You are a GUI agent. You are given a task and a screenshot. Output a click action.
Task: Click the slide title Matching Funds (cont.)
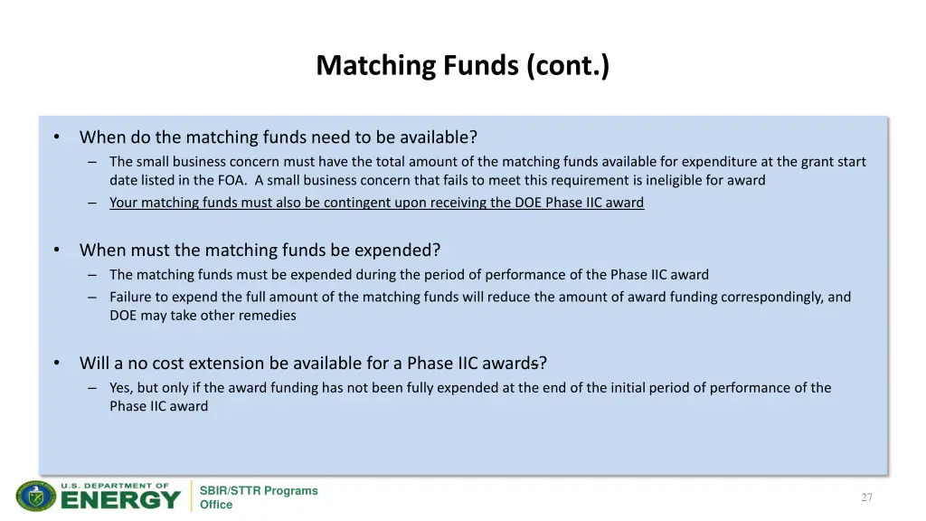tap(462, 66)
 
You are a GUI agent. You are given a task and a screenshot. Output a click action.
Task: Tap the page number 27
tap(866, 497)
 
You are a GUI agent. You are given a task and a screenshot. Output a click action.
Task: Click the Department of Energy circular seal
tap(35, 497)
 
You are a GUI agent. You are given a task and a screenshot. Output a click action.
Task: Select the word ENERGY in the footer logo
tap(120, 499)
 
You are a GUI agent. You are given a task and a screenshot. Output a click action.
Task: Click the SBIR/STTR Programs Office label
tap(259, 497)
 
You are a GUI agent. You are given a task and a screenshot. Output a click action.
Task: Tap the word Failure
tap(132, 297)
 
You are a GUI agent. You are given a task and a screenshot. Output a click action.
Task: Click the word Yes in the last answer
tap(120, 388)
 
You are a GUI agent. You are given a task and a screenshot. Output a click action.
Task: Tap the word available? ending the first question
tap(438, 137)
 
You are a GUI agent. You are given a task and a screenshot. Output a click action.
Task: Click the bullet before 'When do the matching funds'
tap(57, 137)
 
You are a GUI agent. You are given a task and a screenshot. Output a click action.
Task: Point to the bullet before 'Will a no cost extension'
tap(57, 364)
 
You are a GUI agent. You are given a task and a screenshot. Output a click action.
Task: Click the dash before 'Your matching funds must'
tap(92, 203)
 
